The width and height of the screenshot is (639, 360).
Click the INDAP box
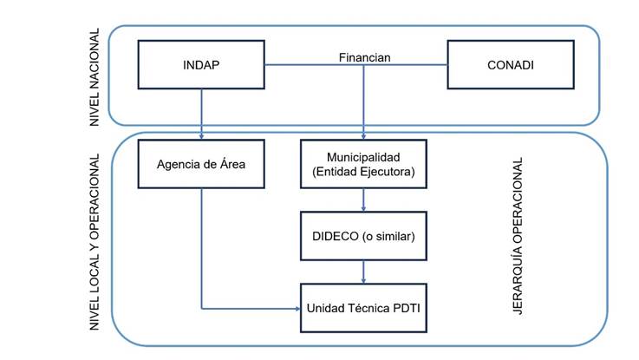[x=201, y=65]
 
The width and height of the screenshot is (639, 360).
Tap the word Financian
[x=363, y=58]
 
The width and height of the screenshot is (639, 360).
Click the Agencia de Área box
[x=201, y=162]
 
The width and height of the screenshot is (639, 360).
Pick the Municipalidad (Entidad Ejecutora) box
[x=362, y=163]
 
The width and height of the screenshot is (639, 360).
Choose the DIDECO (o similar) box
[x=362, y=236]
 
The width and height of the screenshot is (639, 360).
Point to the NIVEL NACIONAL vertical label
[x=95, y=78]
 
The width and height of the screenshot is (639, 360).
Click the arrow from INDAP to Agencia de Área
[x=201, y=113]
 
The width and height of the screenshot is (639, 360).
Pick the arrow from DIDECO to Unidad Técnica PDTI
[x=362, y=272]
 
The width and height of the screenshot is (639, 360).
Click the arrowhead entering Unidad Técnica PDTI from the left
[x=296, y=307]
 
